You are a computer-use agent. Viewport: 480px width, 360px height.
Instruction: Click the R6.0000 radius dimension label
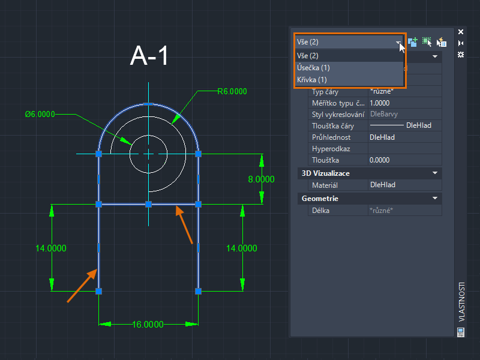click(232, 92)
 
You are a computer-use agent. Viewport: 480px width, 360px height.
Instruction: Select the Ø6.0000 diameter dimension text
click(40, 114)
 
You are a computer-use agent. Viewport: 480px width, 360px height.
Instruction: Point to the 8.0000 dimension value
click(261, 179)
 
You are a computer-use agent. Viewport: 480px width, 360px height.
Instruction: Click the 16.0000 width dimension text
click(148, 325)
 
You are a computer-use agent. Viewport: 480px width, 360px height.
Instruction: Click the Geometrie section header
click(320, 198)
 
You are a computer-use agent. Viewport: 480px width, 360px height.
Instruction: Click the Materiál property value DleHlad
click(383, 185)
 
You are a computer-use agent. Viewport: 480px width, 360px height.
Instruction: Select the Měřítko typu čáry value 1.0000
click(383, 103)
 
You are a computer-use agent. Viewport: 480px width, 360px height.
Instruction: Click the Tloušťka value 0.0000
click(379, 160)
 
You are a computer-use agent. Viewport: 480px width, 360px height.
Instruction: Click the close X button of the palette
click(461, 32)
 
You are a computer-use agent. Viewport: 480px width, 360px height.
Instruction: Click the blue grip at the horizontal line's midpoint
click(148, 205)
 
